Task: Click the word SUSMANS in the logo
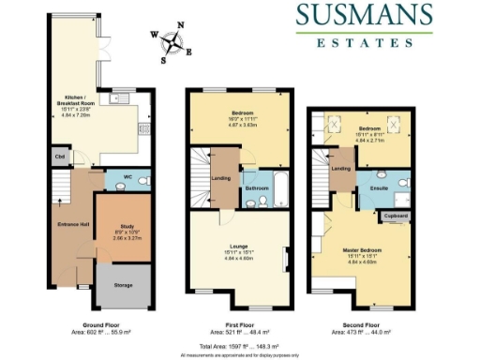tap(365, 16)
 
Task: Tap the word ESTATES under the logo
tap(365, 42)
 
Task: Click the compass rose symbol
tap(172, 41)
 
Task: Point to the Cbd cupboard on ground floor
tap(60, 157)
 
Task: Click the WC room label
tap(114, 178)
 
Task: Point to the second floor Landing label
tap(341, 169)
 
